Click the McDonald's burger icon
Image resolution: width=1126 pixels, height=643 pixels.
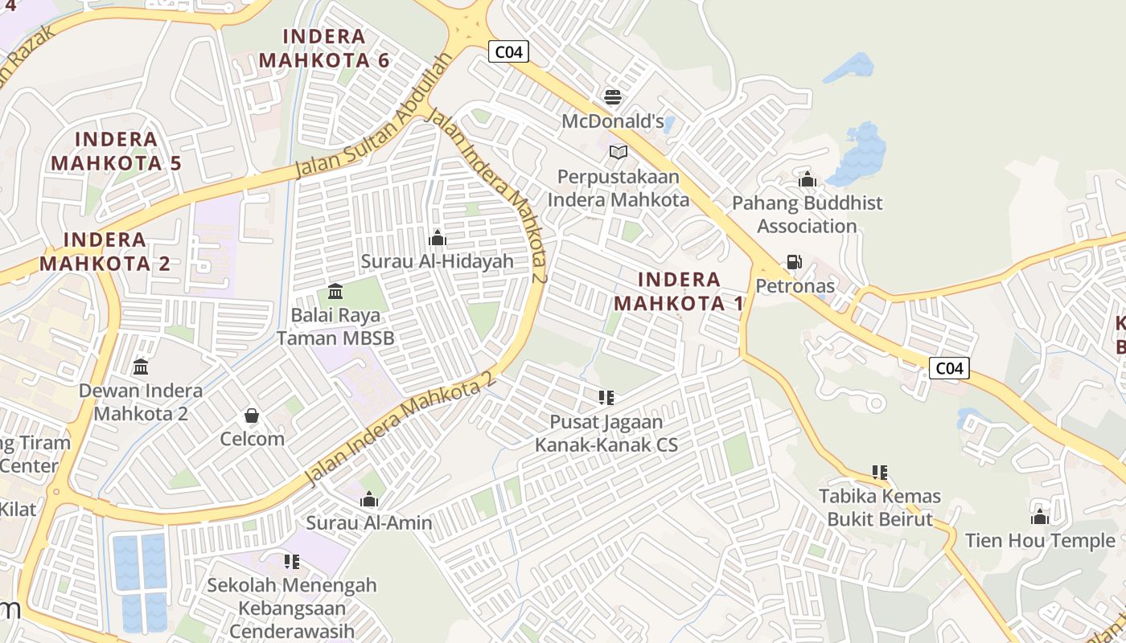coord(613,97)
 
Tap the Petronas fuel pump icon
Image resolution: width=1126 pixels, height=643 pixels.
coord(794,262)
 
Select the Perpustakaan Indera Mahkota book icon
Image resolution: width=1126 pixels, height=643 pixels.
coord(618,152)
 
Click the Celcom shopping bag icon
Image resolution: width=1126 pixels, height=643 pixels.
coord(252,416)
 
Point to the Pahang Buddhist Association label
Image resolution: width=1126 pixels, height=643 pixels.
coord(807,215)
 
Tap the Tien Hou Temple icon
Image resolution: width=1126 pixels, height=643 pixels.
coord(1040,517)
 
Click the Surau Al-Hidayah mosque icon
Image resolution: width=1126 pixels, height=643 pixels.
coord(438,238)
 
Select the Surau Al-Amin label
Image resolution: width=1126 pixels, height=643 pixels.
coord(369,522)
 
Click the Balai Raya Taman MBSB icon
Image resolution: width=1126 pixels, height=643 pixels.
coord(335,291)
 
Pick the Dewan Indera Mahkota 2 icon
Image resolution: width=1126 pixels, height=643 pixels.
coord(141,367)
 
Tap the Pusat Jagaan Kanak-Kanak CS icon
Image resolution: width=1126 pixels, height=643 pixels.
coord(606,397)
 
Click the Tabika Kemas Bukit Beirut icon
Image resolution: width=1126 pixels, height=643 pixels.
coord(879,472)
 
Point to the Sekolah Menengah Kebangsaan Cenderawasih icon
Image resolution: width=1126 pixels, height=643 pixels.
coord(291,561)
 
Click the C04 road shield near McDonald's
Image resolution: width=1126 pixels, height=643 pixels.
coord(508,52)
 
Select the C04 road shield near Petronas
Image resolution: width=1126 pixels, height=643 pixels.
coord(949,368)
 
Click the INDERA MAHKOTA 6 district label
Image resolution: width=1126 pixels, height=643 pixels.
coord(325,48)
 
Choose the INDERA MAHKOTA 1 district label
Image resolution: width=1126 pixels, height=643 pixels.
coord(679,291)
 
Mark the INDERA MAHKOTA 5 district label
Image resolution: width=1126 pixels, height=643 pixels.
coord(117,151)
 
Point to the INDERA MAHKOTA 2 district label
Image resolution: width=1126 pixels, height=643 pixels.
coord(105,251)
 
